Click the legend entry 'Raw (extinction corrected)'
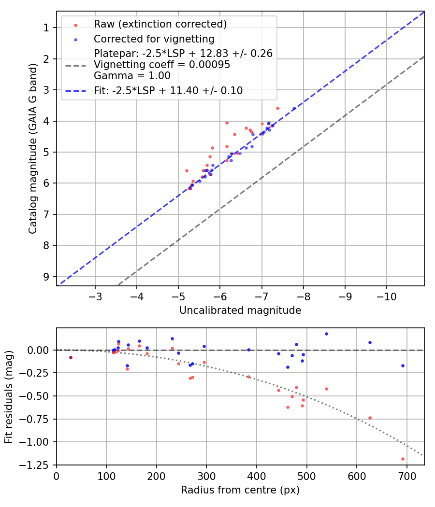coord(160,24)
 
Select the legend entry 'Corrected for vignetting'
coord(154,39)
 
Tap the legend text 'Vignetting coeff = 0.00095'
coord(162,65)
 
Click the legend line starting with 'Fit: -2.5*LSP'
coord(168,90)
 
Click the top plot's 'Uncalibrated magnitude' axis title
coord(240,310)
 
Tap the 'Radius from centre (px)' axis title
coord(240,490)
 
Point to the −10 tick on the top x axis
coord(386,295)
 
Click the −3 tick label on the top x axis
coord(95,295)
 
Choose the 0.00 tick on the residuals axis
coord(40,350)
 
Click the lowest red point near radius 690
coord(403,459)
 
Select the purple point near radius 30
coord(71,357)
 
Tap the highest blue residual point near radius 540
coord(326,334)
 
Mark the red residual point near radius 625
coord(370,418)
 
